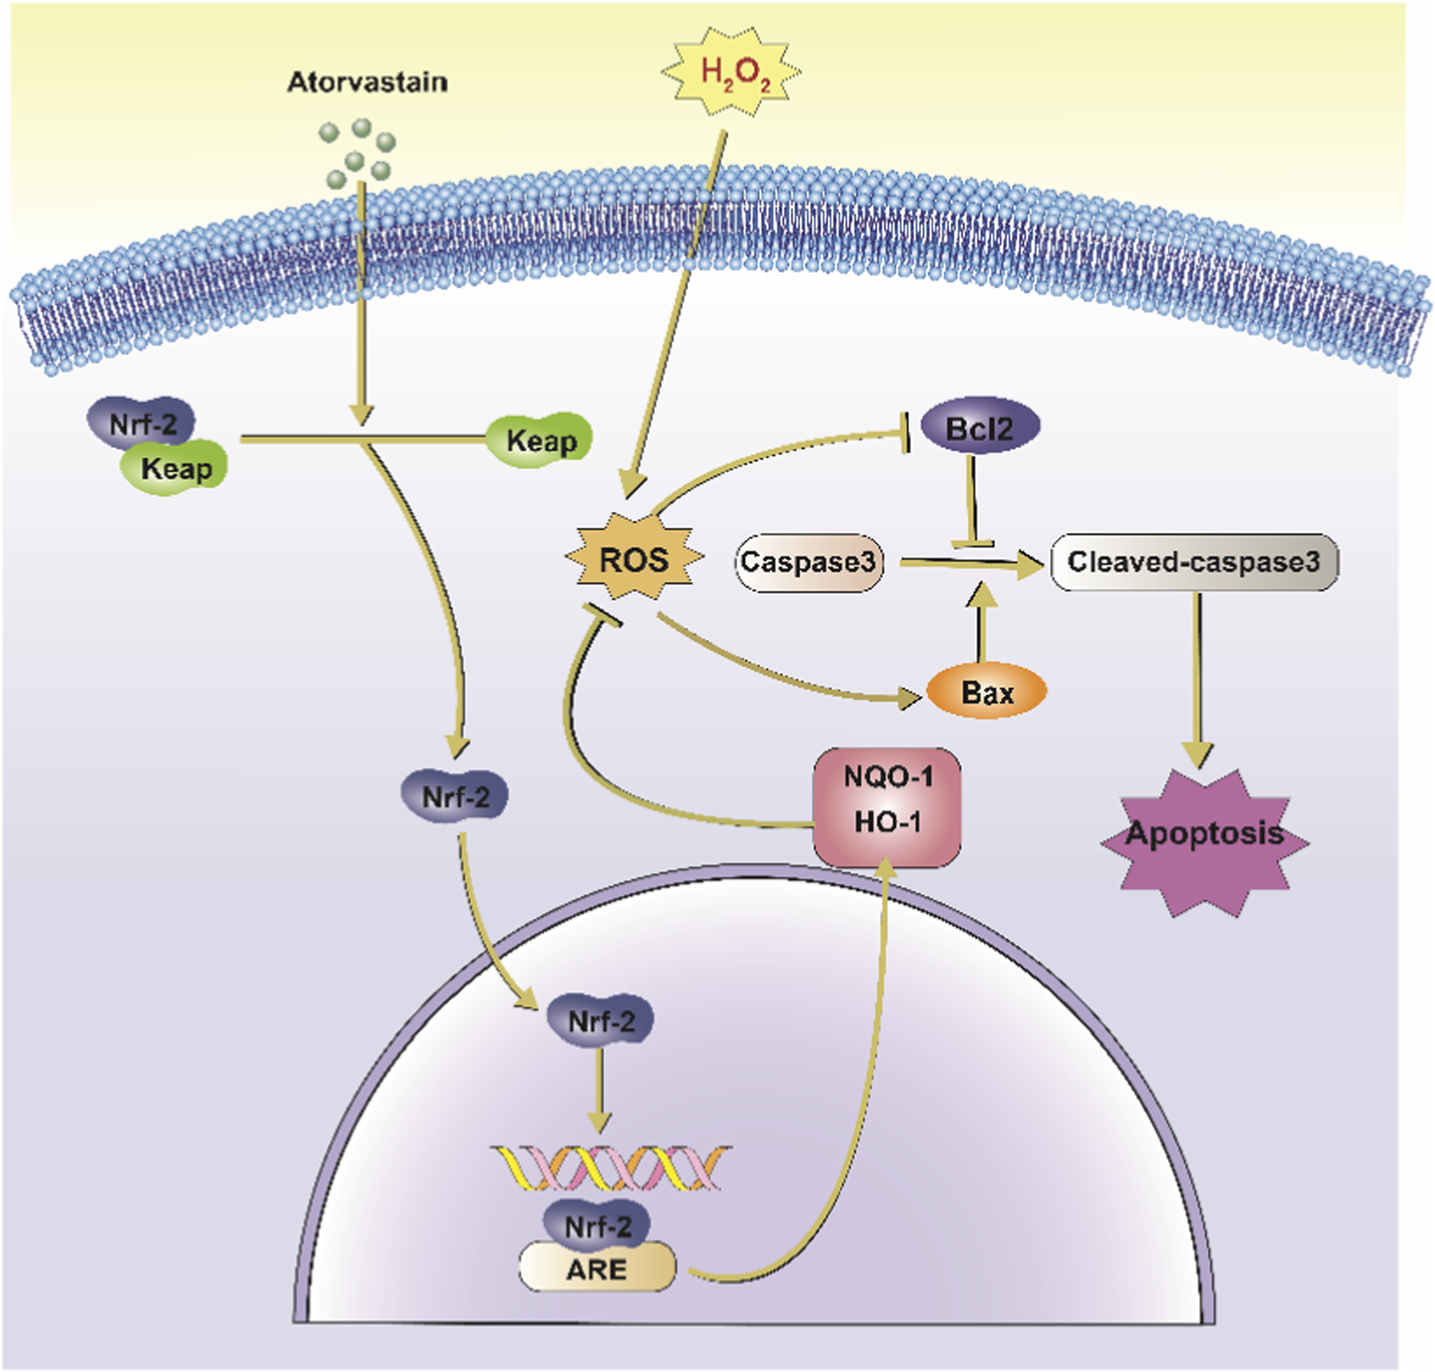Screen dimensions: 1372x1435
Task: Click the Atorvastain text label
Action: point(367,82)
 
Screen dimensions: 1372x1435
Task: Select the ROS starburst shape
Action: point(634,559)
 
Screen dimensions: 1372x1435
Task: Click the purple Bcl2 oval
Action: point(980,428)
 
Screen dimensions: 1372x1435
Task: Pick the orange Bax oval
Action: point(987,693)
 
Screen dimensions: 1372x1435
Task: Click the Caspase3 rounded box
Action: point(808,563)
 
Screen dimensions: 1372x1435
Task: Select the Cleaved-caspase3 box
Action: point(1194,563)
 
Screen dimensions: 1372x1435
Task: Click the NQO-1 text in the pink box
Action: point(887,776)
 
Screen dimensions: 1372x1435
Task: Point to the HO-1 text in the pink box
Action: point(887,821)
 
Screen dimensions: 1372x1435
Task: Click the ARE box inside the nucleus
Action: point(597,1269)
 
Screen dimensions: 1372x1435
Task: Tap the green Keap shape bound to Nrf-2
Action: point(175,469)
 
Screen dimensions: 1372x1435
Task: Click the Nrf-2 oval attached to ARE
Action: point(597,1226)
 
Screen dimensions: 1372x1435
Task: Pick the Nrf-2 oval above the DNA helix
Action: point(601,1021)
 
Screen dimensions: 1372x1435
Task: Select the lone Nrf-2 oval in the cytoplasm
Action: point(455,796)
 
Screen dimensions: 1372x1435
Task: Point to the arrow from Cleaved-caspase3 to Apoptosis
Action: point(1198,679)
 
